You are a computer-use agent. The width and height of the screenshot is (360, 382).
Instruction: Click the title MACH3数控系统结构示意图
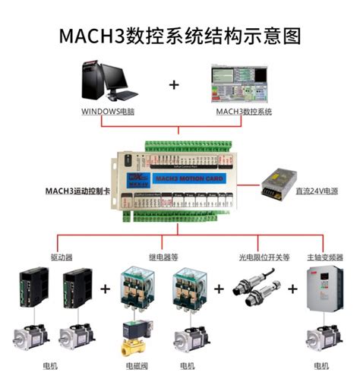pos(180,36)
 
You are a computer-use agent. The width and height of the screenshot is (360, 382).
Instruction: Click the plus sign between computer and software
pos(175,84)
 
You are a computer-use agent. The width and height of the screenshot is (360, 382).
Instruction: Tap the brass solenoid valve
pos(135,339)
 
